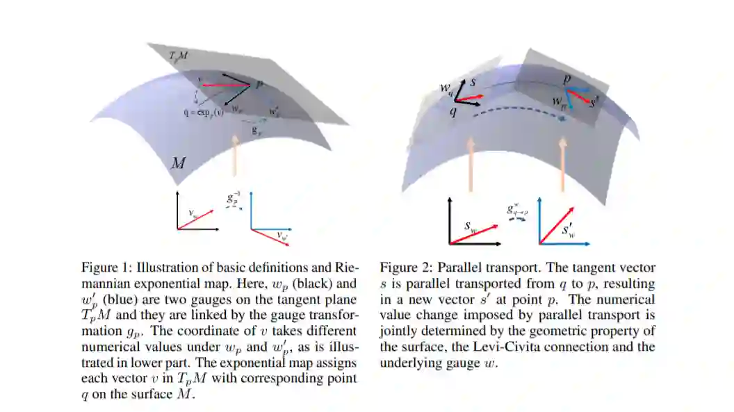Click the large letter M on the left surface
(x=179, y=164)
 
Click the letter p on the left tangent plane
(x=259, y=84)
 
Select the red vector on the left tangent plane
(x=225, y=85)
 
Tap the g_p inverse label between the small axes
(x=234, y=197)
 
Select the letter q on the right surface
(x=453, y=112)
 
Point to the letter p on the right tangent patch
(x=567, y=79)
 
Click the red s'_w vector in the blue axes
(x=558, y=221)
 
